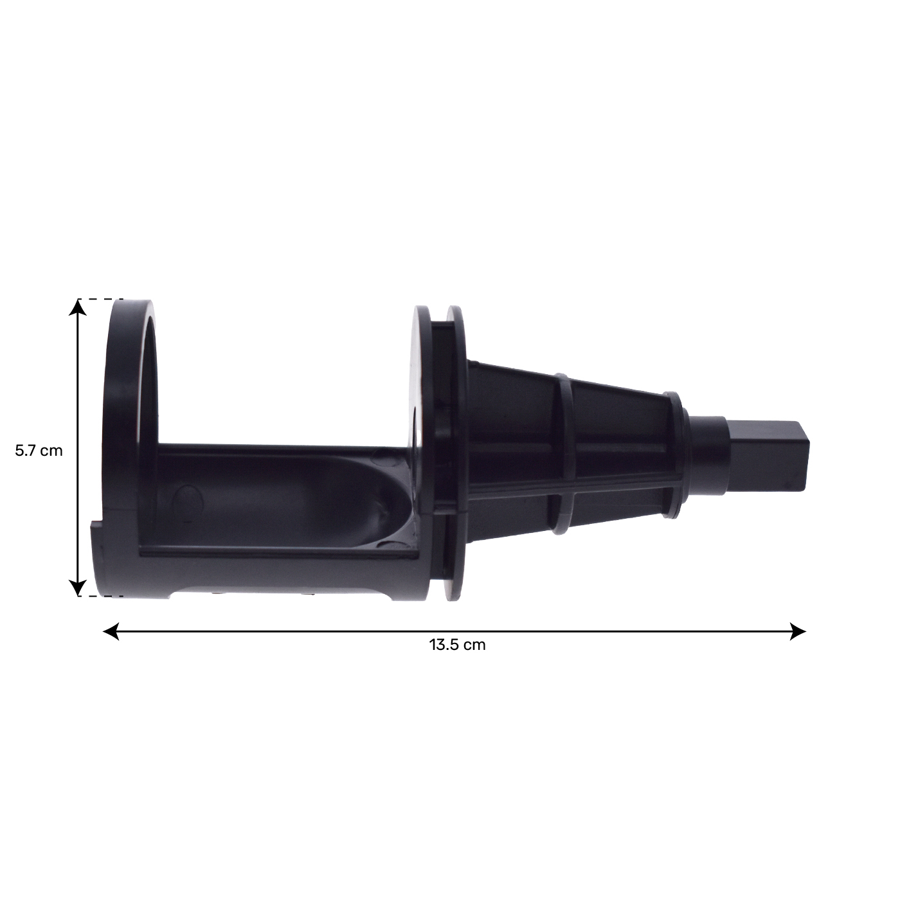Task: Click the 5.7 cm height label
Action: tap(39, 451)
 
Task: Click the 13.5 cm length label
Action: tap(457, 645)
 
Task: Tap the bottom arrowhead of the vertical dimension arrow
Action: tap(78, 587)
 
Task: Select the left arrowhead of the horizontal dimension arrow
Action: tap(111, 631)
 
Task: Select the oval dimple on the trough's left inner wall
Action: tap(186, 501)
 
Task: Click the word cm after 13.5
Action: tap(475, 645)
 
